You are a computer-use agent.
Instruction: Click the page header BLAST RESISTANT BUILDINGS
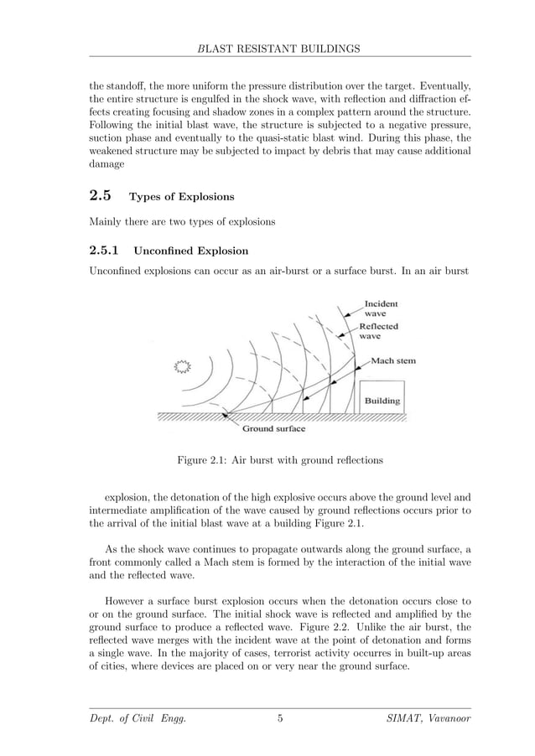pos(279,49)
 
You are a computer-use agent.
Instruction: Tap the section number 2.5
pos(100,197)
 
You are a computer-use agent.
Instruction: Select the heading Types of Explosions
pos(181,198)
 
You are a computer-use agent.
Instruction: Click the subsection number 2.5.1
pos(104,251)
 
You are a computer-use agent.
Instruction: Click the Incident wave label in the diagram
pos(380,308)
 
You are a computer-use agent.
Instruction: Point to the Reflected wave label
pos(378,331)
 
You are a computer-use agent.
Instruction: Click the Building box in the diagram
pos(382,399)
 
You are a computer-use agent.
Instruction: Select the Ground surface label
pos(274,428)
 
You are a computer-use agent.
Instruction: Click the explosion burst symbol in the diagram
pos(181,365)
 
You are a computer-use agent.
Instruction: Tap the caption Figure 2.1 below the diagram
pos(279,459)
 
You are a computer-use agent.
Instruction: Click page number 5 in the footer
pos(280,718)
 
